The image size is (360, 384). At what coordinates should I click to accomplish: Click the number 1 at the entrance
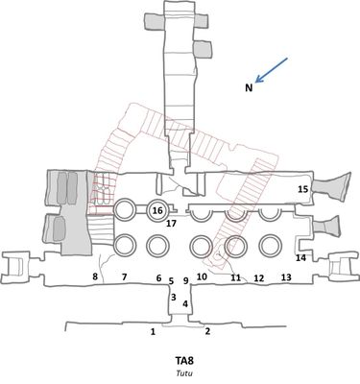pyautogui.click(x=153, y=332)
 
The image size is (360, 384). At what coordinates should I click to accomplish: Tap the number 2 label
pyautogui.click(x=207, y=331)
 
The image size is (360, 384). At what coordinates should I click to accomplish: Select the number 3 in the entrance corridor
pyautogui.click(x=174, y=297)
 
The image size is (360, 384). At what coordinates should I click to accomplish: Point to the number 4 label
pyautogui.click(x=185, y=303)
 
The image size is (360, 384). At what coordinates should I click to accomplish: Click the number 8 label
pyautogui.click(x=95, y=276)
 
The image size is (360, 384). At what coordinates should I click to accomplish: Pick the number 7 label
pyautogui.click(x=125, y=276)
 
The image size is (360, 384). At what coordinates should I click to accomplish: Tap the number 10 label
pyautogui.click(x=202, y=276)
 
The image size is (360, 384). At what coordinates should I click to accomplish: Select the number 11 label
pyautogui.click(x=236, y=277)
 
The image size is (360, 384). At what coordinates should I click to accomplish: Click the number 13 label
pyautogui.click(x=286, y=277)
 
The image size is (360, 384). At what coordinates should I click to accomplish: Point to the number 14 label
pyautogui.click(x=300, y=257)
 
